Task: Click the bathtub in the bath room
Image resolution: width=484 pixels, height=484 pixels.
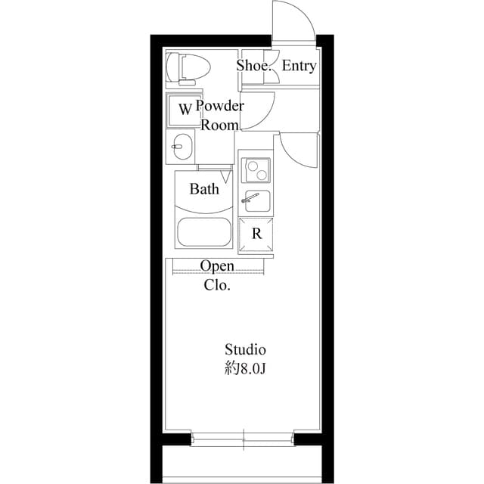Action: click(x=203, y=231)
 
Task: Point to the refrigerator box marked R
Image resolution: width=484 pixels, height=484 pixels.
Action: click(x=256, y=234)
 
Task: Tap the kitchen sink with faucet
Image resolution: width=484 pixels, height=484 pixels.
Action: click(x=256, y=200)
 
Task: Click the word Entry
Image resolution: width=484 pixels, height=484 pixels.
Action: click(x=299, y=67)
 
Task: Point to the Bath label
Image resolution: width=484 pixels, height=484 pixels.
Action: click(x=204, y=189)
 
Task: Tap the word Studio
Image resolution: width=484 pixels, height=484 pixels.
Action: click(x=245, y=350)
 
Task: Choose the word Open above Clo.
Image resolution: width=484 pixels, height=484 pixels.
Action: click(x=217, y=267)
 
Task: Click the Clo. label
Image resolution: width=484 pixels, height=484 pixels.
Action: click(x=217, y=286)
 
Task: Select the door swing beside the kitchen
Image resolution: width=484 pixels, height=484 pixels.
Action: click(x=299, y=149)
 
